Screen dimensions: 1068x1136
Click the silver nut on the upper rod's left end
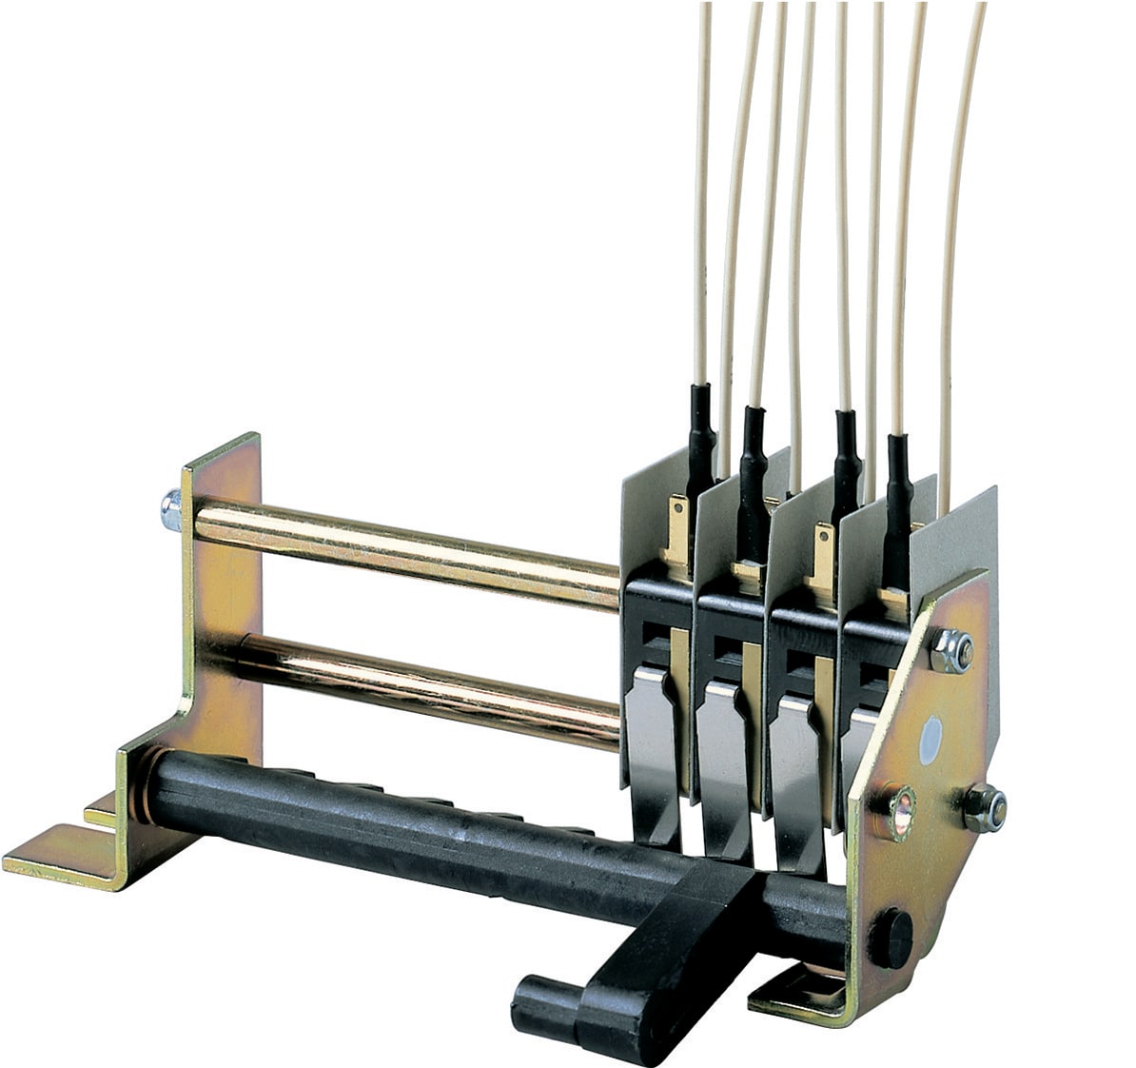tap(171, 509)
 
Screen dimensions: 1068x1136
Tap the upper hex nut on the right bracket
tap(950, 651)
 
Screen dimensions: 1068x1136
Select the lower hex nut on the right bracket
tap(986, 807)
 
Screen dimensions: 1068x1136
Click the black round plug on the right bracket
tap(890, 938)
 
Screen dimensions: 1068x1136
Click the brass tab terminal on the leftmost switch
tap(679, 533)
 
